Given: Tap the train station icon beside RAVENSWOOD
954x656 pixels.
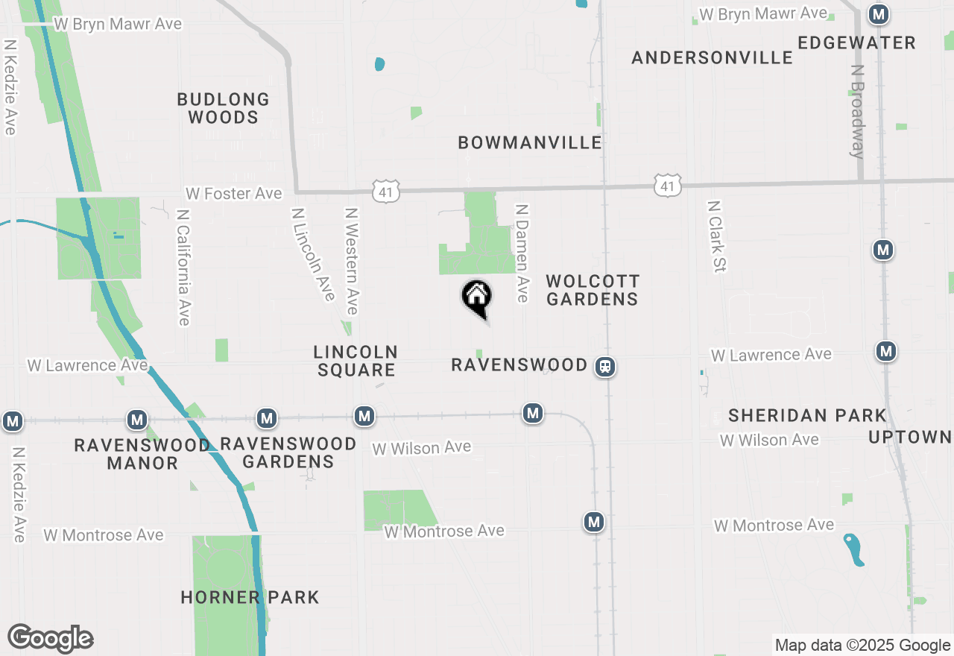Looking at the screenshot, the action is pyautogui.click(x=605, y=367).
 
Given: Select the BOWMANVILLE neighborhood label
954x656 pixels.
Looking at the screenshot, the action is pyautogui.click(x=530, y=142).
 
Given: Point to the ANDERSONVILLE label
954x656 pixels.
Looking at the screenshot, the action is pyautogui.click(x=712, y=57).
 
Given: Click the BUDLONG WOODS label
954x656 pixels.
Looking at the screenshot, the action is pyautogui.click(x=223, y=108).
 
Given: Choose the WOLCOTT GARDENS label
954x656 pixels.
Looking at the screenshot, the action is pyautogui.click(x=593, y=290).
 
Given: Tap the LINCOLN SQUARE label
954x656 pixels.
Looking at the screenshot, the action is pyautogui.click(x=356, y=361).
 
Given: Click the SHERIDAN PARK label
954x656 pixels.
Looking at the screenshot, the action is pyautogui.click(x=807, y=415).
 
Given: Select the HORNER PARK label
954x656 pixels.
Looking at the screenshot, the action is pyautogui.click(x=250, y=597).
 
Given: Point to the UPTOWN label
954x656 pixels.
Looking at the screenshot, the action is pyautogui.click(x=910, y=437).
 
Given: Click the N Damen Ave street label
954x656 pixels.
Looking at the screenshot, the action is pyautogui.click(x=522, y=253).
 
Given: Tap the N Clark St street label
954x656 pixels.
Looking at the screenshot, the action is pyautogui.click(x=717, y=236).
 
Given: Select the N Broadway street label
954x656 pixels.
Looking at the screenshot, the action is pyautogui.click(x=858, y=111).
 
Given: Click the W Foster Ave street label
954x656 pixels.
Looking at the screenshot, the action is pyautogui.click(x=234, y=194).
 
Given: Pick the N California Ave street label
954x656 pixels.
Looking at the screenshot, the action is pyautogui.click(x=182, y=266).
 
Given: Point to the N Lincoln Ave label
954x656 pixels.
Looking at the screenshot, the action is pyautogui.click(x=312, y=253).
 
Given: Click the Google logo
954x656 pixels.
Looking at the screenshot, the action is pyautogui.click(x=50, y=639).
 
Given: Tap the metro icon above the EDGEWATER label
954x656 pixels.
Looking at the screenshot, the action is pyautogui.click(x=879, y=14).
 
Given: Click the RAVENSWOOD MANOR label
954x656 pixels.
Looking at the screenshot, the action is pyautogui.click(x=142, y=454).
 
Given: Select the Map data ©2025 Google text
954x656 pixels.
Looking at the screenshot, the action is pyautogui.click(x=862, y=646).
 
